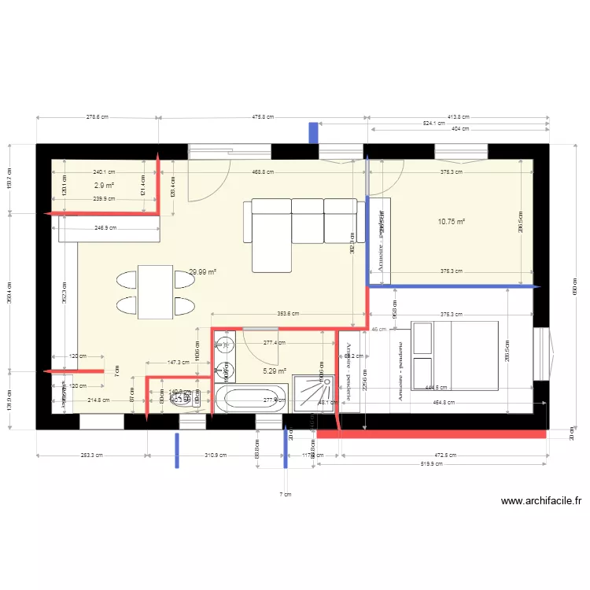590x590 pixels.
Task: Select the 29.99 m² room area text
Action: click(202, 272)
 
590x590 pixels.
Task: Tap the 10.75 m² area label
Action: click(452, 222)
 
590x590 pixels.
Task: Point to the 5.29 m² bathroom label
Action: click(274, 371)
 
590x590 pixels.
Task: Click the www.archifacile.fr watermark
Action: click(542, 500)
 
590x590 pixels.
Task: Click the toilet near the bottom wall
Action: click(183, 400)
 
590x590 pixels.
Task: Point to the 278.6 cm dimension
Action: click(98, 116)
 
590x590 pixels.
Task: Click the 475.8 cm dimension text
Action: click(263, 116)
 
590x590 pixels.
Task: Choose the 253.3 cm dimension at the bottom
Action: click(91, 455)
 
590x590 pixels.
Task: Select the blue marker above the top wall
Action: click(313, 132)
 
